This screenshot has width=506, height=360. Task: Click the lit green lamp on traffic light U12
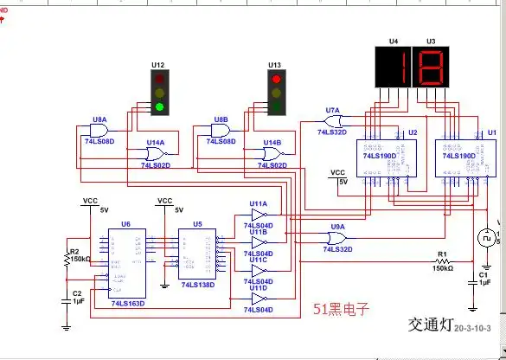click(158, 107)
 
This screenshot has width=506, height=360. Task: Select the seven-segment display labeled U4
click(393, 67)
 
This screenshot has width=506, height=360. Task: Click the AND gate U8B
click(221, 131)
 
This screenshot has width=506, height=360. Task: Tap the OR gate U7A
click(333, 122)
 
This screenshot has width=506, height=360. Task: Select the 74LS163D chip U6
click(125, 260)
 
